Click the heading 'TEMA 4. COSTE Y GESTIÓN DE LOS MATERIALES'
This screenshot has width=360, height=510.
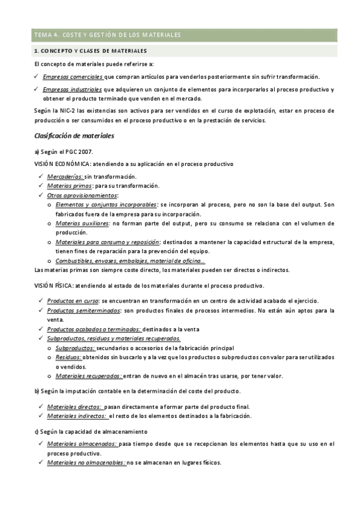[x=108, y=35]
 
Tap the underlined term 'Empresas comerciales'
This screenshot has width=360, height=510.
[x=73, y=76]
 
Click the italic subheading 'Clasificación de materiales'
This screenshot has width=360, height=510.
[x=74, y=135]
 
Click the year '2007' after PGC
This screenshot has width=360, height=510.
[x=85, y=152]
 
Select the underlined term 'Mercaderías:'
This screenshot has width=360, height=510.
[x=66, y=177]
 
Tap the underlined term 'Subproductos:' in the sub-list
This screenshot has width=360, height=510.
[x=75, y=348]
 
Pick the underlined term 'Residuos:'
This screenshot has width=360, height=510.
[x=69, y=357]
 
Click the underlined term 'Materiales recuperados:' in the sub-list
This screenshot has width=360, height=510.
[x=88, y=376]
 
